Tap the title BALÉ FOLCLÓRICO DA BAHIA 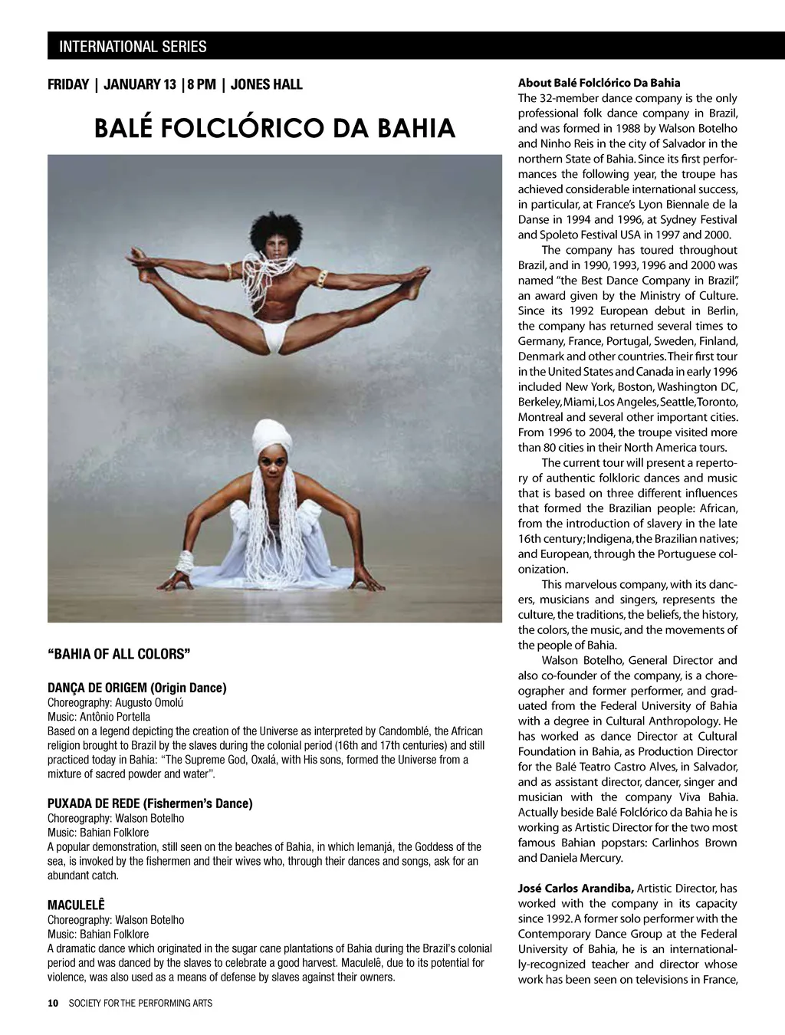[274, 128]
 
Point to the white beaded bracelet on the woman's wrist [185, 563]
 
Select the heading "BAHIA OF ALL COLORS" [119, 654]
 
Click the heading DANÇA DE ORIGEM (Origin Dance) [137, 688]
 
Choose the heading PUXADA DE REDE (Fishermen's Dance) [149, 803]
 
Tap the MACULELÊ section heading [76, 905]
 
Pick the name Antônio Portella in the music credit [115, 717]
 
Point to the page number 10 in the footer [52, 1003]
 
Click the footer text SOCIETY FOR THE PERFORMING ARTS [140, 1003]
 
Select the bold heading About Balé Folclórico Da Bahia [599, 83]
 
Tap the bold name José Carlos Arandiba [575, 889]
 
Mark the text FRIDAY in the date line [68, 84]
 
